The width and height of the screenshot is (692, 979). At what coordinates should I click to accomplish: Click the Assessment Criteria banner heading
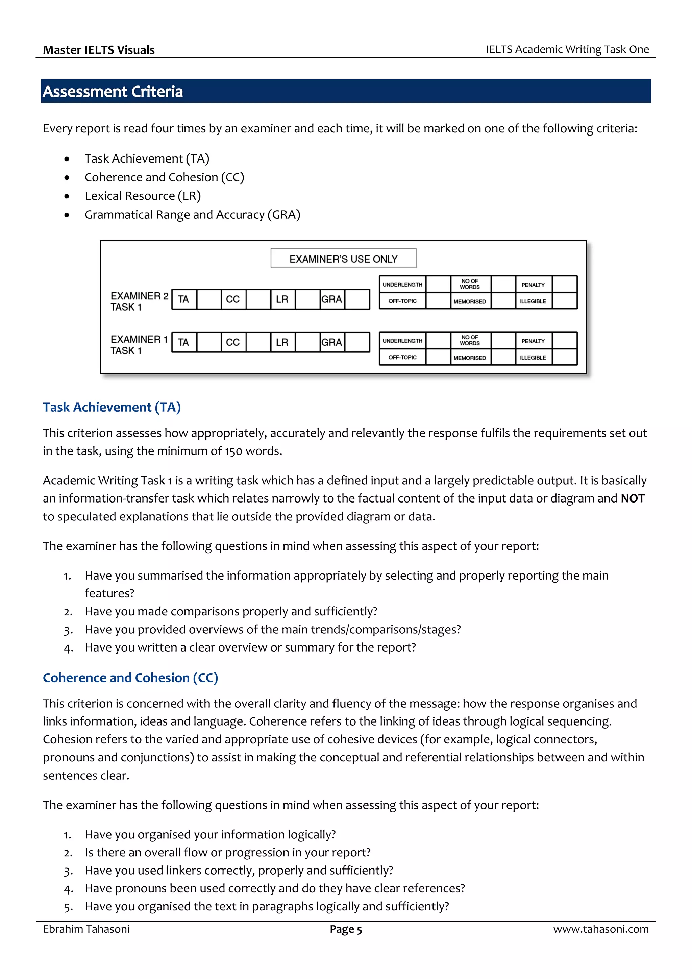113,91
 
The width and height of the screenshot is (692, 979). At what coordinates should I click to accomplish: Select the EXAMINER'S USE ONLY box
343,259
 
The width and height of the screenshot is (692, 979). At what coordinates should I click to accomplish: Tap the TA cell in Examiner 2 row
184,299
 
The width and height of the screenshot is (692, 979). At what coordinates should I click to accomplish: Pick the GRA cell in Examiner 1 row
332,342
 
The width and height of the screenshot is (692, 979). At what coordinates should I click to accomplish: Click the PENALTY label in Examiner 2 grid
533,285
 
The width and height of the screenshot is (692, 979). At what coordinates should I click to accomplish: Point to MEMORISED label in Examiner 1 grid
469,358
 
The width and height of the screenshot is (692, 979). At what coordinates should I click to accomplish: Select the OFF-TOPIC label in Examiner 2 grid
402,301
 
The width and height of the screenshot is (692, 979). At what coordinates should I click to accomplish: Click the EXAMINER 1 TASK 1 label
138,345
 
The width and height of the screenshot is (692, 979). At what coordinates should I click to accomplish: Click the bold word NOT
632,498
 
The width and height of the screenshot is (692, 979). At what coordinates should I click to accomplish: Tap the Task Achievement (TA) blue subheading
112,407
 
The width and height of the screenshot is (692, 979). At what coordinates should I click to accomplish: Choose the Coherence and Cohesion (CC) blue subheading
130,678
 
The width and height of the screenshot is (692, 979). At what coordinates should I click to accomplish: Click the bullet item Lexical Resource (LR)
142,196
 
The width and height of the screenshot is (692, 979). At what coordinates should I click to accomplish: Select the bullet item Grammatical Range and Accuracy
192,215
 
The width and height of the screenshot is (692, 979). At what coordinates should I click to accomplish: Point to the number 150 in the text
233,451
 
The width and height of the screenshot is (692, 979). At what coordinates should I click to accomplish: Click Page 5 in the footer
346,930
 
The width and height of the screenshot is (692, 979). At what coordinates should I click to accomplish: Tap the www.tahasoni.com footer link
601,929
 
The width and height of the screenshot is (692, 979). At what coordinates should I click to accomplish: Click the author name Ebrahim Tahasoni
86,929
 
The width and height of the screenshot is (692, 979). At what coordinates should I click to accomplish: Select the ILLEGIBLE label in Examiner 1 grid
533,358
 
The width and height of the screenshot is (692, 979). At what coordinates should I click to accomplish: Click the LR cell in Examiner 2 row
282,299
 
